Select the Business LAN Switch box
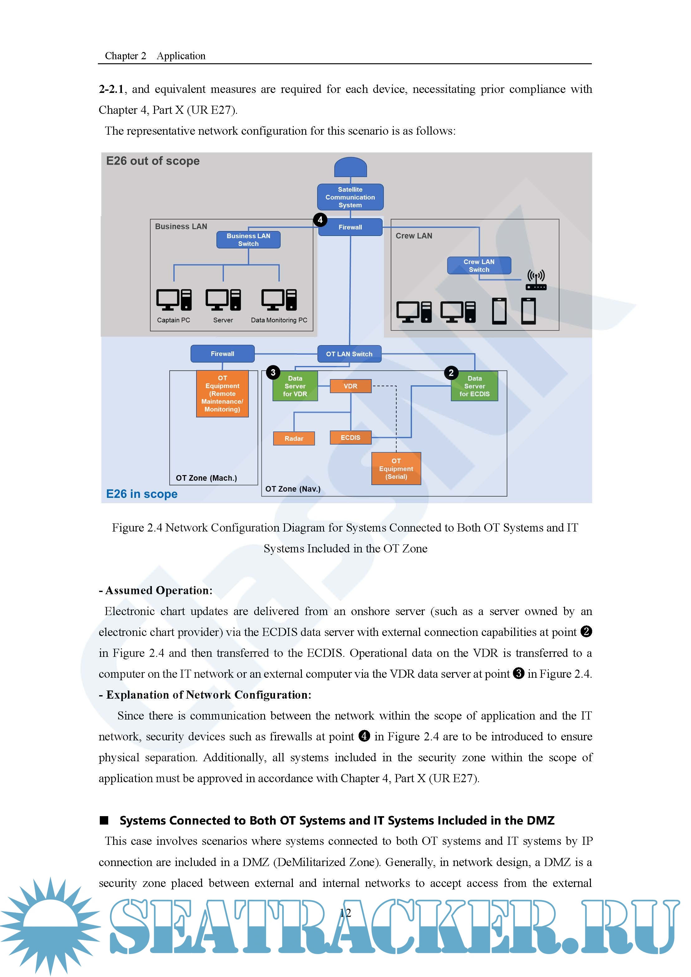(x=248, y=239)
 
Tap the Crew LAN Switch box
(x=479, y=266)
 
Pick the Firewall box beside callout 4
(x=350, y=227)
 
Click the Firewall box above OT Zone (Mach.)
(x=222, y=354)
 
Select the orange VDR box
(x=350, y=386)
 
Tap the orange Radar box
(x=294, y=438)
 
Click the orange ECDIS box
(x=350, y=437)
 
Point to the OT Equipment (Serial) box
(x=396, y=469)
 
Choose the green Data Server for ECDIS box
(x=474, y=386)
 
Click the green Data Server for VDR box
(x=295, y=386)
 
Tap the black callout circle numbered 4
(x=320, y=220)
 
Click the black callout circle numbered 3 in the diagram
(x=273, y=372)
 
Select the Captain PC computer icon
(x=174, y=300)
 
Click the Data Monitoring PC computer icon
(x=279, y=300)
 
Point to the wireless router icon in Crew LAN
(x=536, y=280)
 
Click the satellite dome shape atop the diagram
(x=350, y=167)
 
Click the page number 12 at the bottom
(x=345, y=912)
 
